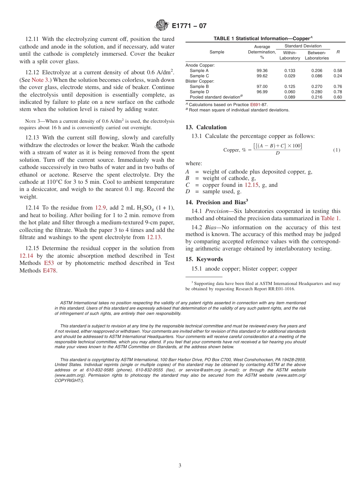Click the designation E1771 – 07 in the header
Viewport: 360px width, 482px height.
[x=189, y=26]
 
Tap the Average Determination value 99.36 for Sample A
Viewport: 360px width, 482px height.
[x=262, y=70]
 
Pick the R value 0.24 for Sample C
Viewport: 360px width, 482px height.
[x=337, y=76]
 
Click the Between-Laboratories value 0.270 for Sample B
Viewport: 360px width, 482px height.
[x=316, y=86]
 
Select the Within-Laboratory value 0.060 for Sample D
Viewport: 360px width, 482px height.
[x=290, y=92]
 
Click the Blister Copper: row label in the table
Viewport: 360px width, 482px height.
[x=200, y=81]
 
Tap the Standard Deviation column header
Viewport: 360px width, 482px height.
[x=303, y=46]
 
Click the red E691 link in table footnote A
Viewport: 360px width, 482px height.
[x=255, y=104]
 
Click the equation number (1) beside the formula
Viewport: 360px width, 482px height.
[x=337, y=150]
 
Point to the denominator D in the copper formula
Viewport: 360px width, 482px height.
[x=277, y=153]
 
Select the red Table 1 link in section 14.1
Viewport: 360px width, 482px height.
[x=330, y=218]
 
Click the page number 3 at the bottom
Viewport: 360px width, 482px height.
[x=180, y=466]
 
